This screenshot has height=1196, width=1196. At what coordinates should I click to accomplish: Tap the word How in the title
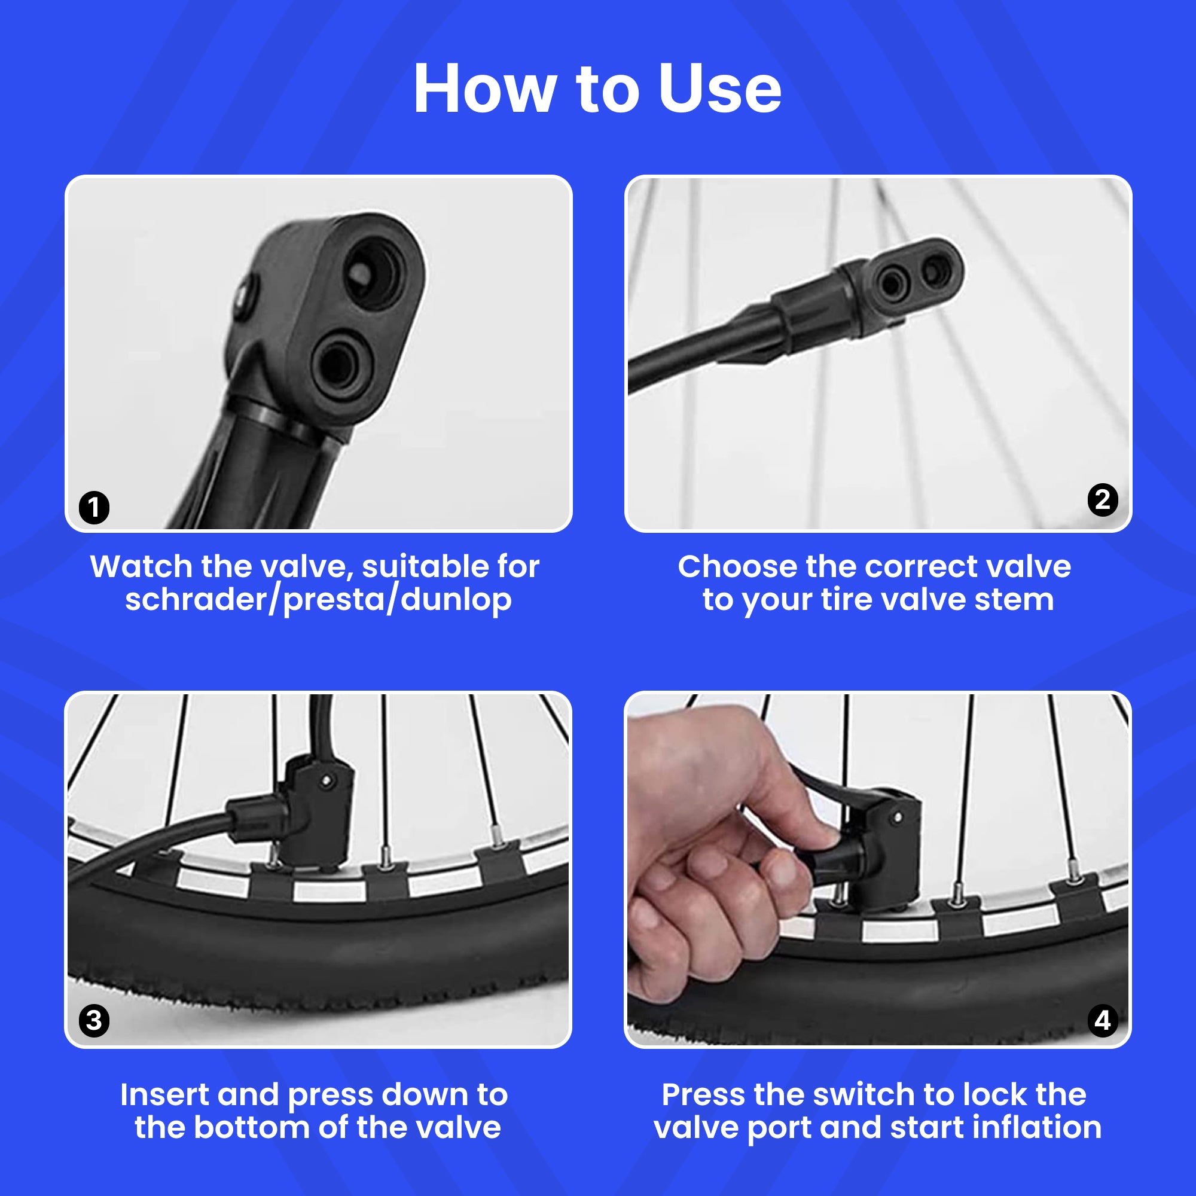coord(485,89)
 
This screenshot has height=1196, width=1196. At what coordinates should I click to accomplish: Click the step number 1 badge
coord(94,508)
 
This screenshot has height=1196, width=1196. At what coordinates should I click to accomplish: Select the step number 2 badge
coord(1103,500)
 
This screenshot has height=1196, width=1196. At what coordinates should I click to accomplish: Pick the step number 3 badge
coord(94,1021)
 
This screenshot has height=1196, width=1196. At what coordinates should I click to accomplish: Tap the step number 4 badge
coord(1103,1021)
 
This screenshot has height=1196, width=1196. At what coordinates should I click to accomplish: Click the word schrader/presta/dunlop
coord(318,600)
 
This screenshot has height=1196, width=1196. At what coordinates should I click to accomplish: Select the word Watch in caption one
coord(141,566)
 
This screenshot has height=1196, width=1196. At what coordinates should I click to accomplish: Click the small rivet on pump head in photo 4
coord(898,819)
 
